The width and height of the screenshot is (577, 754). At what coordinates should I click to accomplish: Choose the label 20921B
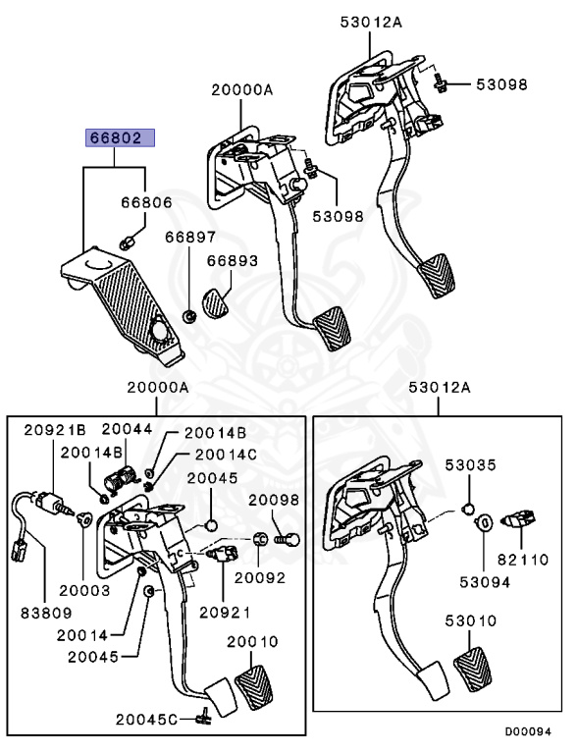tap(55, 429)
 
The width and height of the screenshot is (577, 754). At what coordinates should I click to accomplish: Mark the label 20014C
tap(225, 455)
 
